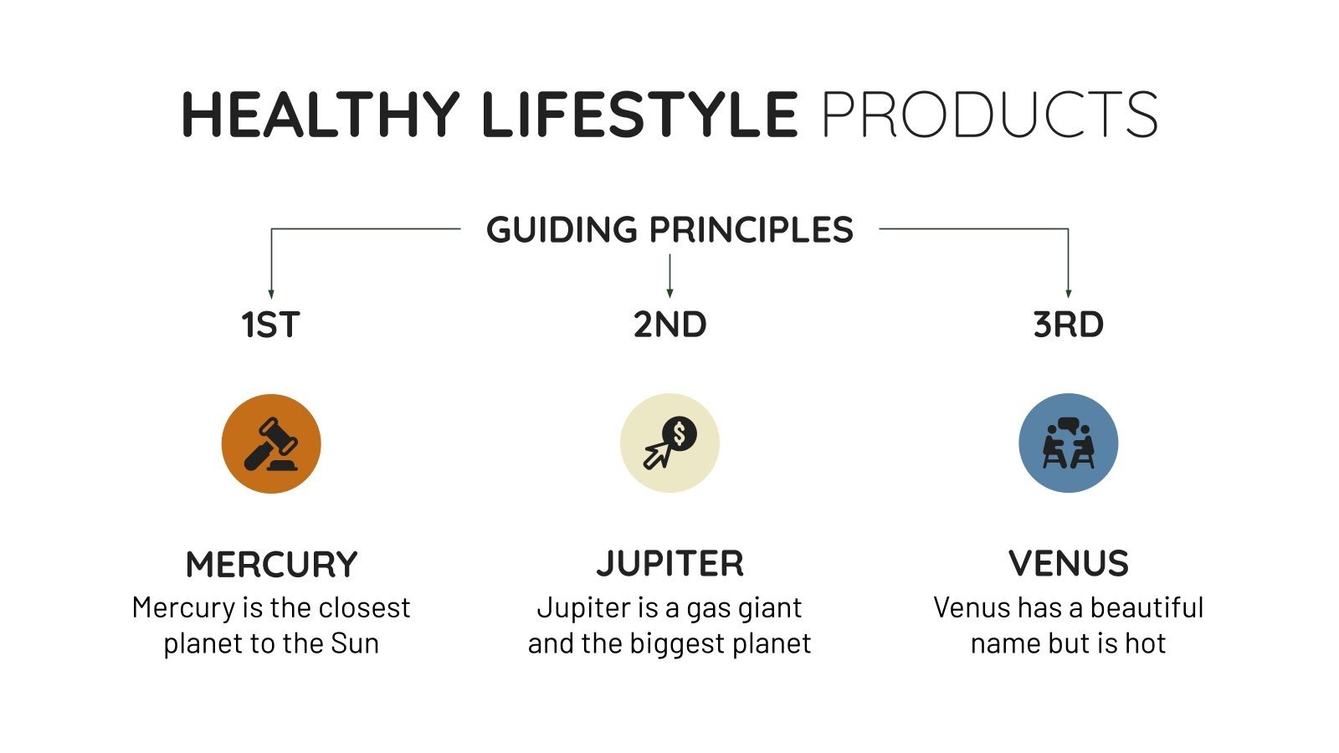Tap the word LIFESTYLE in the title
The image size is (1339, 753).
pos(639,115)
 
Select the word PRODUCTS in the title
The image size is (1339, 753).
pos(989,115)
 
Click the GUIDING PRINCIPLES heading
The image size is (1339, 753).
pos(669,230)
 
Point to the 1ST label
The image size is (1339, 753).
pos(270,325)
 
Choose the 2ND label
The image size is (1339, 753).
pos(669,325)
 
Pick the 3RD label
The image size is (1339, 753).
pos(1068,325)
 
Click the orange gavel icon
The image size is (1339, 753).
pos(271,443)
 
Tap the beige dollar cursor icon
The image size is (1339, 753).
pos(669,443)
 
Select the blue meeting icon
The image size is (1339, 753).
pos(1068,443)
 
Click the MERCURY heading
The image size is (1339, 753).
pos(271,565)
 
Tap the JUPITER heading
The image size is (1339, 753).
pos(669,564)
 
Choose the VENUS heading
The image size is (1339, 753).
pos(1068,564)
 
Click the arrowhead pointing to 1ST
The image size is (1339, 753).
pos(271,294)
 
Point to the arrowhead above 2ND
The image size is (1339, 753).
pos(669,293)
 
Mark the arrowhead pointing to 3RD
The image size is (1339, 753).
pos(1068,293)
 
